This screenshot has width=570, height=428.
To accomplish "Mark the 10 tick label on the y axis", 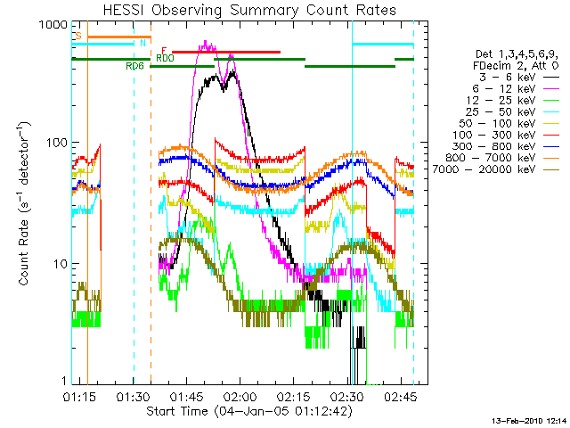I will tap(59, 264).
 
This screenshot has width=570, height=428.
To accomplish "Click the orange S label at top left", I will tap(78, 36).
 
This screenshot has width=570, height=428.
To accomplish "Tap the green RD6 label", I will tap(135, 66).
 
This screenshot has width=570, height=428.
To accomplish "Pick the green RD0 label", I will tap(165, 58).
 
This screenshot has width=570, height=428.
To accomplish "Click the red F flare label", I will tap(164, 51).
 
